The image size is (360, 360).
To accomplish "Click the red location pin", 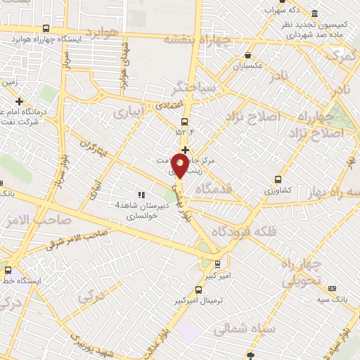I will [180, 165].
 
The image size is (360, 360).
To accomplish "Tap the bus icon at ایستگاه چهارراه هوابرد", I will [46, 29].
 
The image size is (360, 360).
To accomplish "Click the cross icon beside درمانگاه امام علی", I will [19, 101].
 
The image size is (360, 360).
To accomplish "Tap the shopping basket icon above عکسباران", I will [247, 55].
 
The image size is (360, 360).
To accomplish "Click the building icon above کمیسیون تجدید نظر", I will [314, 13].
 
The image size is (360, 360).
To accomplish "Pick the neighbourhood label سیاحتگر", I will [186, 89].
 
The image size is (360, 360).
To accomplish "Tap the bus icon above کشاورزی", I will [278, 179].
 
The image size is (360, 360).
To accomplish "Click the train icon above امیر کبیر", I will [217, 264].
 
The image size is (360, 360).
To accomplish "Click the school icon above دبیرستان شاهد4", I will [141, 195].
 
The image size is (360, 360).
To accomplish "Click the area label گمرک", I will [344, 53].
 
